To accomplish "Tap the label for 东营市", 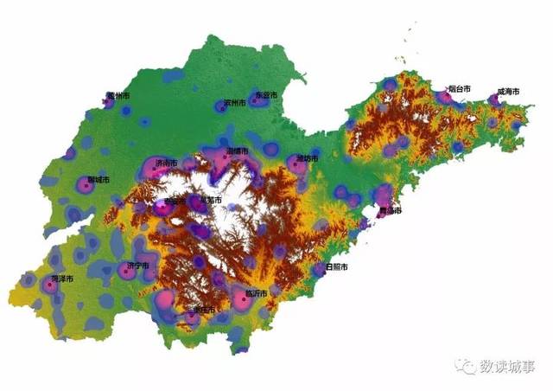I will tap(265, 95).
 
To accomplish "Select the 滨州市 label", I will tap(235, 103).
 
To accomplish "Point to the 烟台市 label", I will tap(460, 89).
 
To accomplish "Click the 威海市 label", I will tap(508, 92).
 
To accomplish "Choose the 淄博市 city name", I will tap(238, 151).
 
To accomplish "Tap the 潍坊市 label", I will tap(308, 158).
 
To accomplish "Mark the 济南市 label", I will tap(167, 163).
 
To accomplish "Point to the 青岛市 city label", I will tap(391, 210).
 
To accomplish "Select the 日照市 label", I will tap(337, 267).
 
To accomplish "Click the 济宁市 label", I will tap(138, 265).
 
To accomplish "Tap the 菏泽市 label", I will tap(62, 279).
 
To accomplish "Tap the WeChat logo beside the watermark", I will tap(467, 367).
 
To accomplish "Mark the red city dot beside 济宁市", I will tap(126, 271).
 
